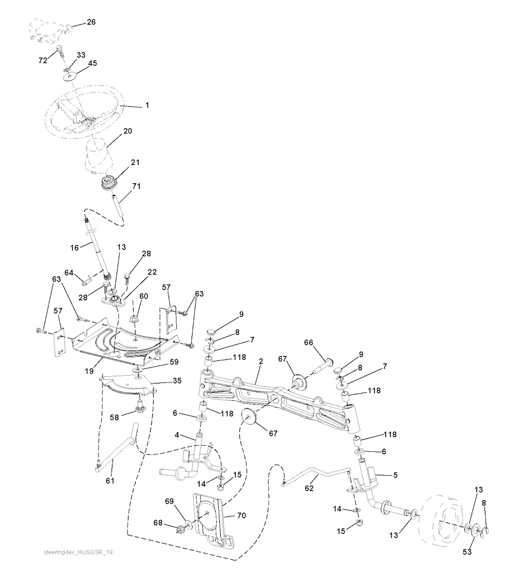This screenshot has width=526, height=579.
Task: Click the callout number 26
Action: coord(91,22)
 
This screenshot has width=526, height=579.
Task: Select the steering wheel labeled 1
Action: coord(83,112)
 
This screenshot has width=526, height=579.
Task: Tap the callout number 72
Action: coord(43,60)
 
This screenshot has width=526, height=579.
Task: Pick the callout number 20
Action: coord(127,131)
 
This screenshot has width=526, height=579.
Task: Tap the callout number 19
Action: coord(89,371)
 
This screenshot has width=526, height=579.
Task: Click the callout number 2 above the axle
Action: coord(261,361)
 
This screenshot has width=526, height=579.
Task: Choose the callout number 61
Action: coord(110,480)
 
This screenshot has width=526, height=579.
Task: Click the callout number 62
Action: coord(309,488)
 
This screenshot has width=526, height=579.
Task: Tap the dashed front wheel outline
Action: coord(443,521)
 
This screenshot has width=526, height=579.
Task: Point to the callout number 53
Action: coord(467,552)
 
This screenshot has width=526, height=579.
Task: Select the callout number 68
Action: coord(158,523)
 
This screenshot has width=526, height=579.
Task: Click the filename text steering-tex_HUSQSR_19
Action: coord(78,552)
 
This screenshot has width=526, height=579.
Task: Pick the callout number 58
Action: coord(115,417)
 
